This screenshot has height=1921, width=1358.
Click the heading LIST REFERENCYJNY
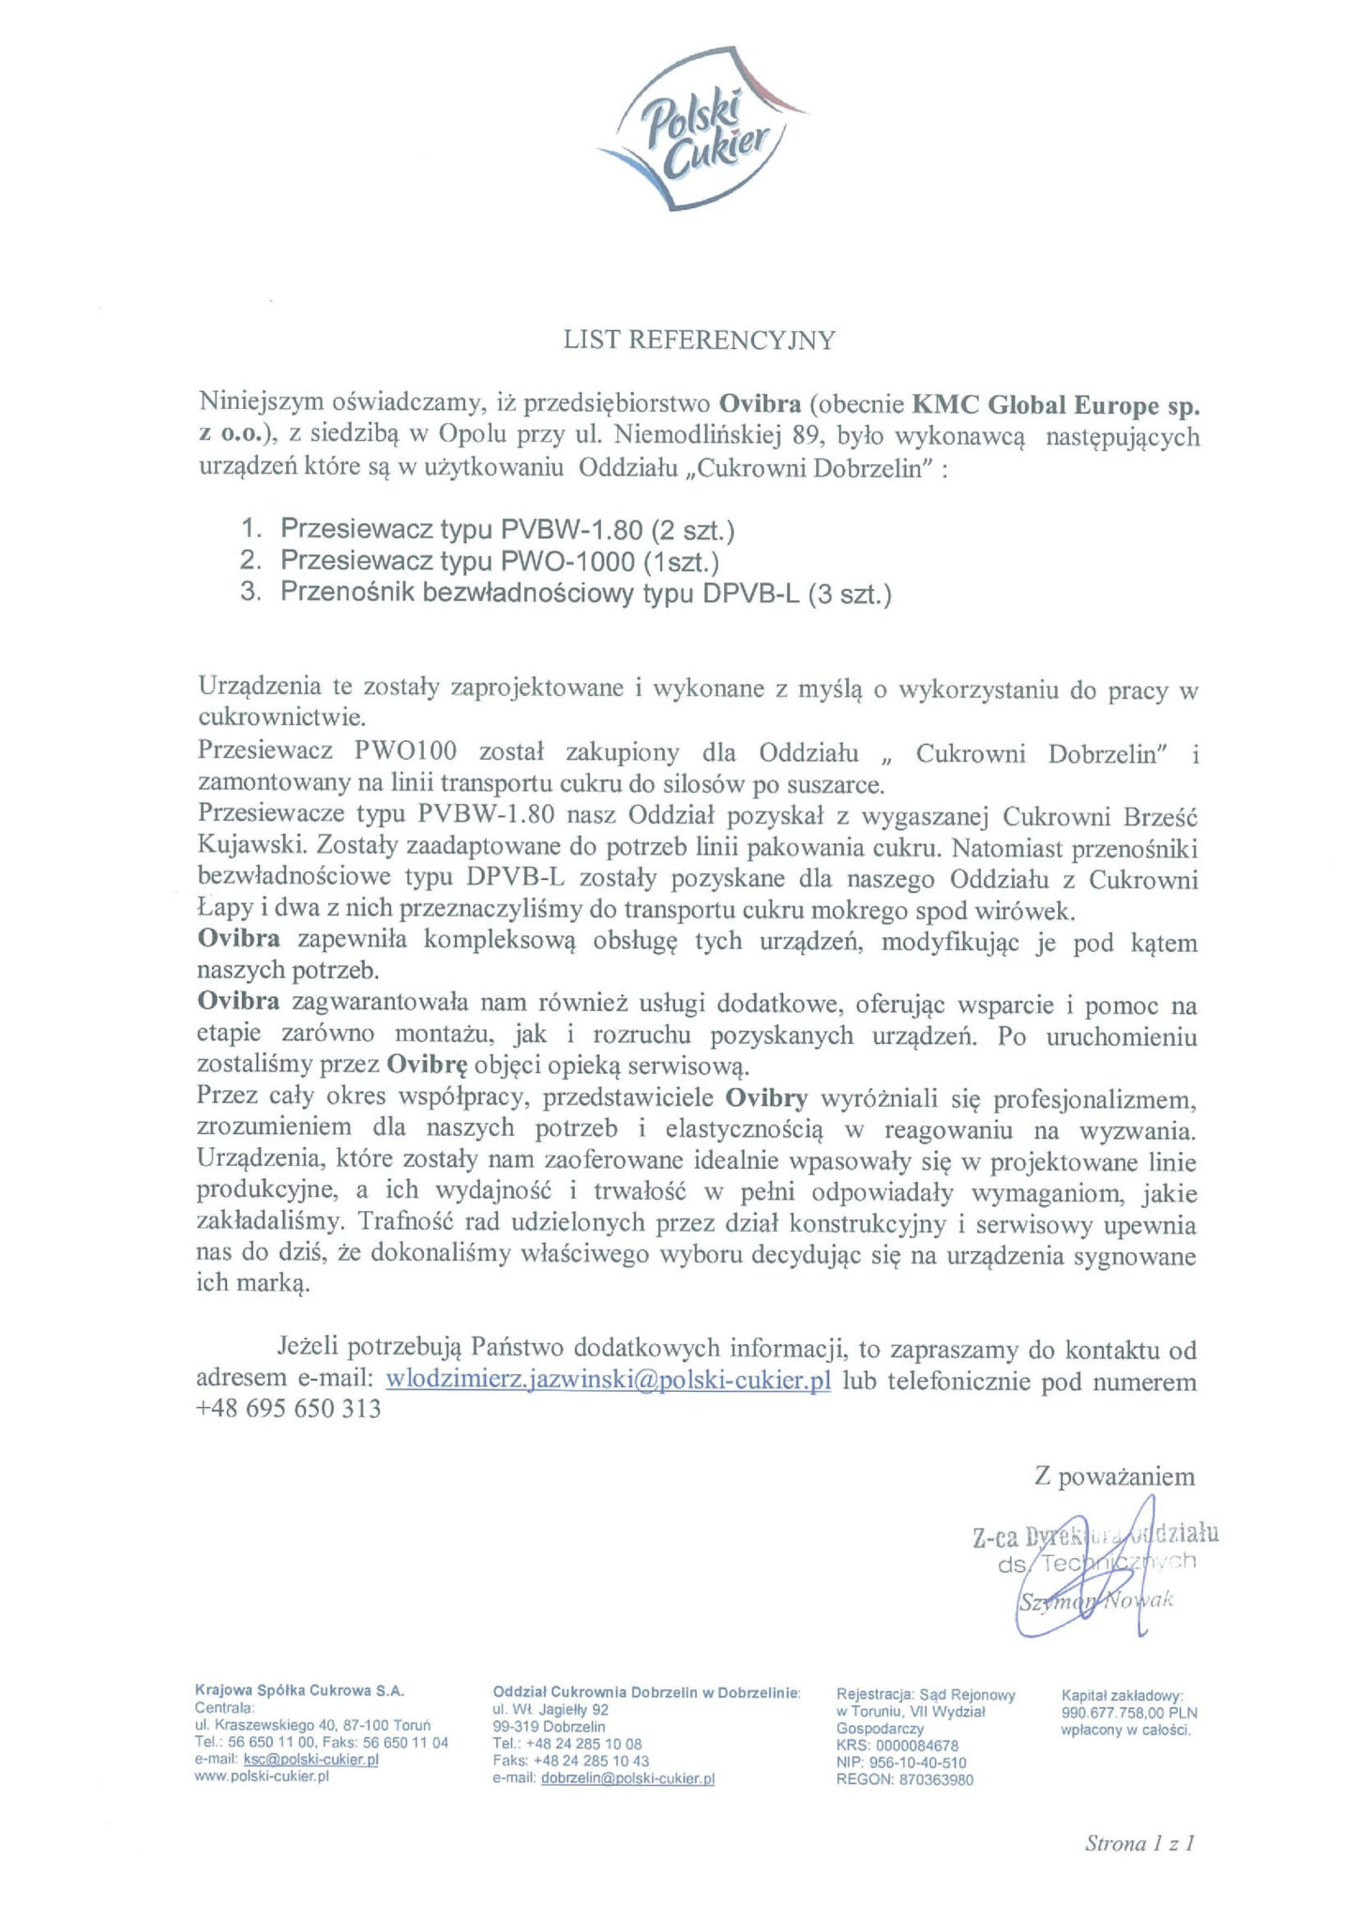click(x=699, y=340)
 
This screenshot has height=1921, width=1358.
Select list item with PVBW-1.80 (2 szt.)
click(x=506, y=531)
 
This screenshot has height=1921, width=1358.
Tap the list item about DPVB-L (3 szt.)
click(x=585, y=594)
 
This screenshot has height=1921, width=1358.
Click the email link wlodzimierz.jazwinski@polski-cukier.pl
click(x=609, y=1382)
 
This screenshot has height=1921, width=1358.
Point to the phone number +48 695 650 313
click(x=289, y=1409)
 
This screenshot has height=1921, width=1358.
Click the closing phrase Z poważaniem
click(x=1114, y=1477)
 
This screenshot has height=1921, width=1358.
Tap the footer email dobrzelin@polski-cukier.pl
click(x=627, y=1777)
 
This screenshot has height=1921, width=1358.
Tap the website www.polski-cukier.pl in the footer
click(x=262, y=1777)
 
